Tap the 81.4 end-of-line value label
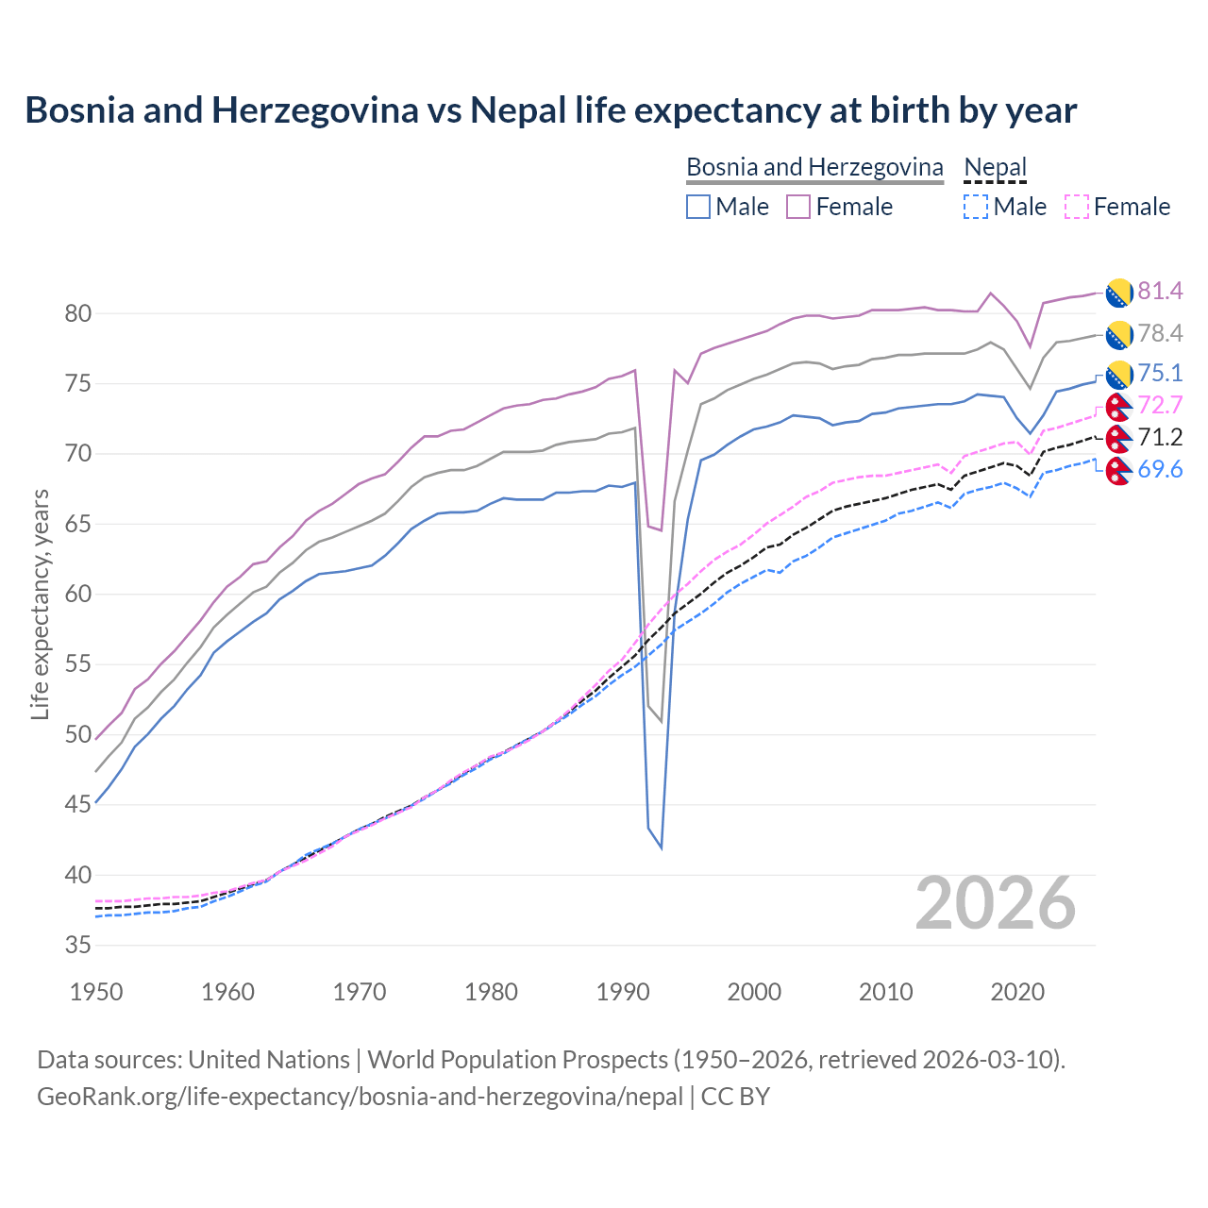pos(1160,291)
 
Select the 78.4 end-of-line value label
pos(1160,333)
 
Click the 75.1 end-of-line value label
pos(1160,373)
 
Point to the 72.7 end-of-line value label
pos(1160,405)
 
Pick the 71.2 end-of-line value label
pos(1160,437)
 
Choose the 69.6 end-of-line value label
pos(1160,469)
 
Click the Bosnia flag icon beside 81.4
pos(1118,293)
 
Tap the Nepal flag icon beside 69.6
pos(1118,471)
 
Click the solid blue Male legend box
pos(698,207)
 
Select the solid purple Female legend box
pos(798,207)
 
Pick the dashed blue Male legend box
pos(976,207)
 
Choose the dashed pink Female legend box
pos(1076,207)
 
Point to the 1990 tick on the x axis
pos(623,992)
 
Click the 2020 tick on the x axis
pos(1017,992)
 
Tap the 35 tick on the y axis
pos(78,945)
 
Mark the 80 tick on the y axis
pos(78,313)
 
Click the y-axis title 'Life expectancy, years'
pos(40,604)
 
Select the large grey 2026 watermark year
pos(996,904)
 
